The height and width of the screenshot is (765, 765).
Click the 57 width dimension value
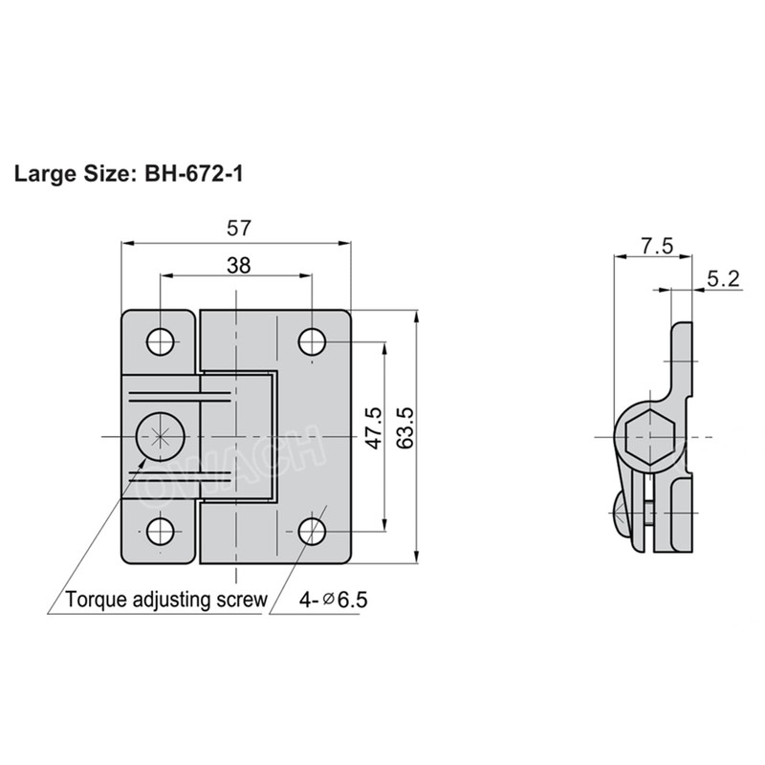[x=238, y=229]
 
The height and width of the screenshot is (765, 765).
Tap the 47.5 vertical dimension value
[x=374, y=429]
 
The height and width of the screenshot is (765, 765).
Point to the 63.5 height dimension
[x=404, y=429]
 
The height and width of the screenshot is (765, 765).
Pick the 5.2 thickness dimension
[x=723, y=279]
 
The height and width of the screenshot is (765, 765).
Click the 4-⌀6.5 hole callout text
[x=333, y=601]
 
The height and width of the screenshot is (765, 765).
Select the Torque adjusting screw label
[x=165, y=601]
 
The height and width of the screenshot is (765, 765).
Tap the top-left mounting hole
[x=160, y=341]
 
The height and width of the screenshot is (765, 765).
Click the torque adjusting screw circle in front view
[x=159, y=437]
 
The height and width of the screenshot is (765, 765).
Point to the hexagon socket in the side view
[x=649, y=437]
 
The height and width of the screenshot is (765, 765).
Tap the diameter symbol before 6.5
[x=328, y=601]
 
